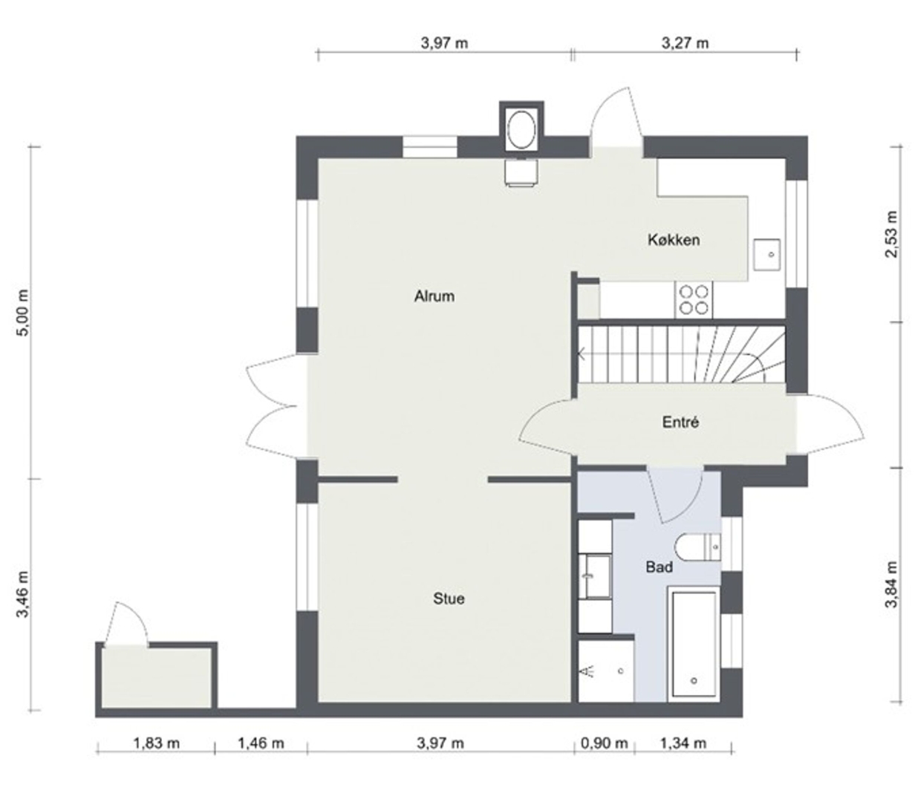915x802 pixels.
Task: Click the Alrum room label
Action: pos(434,296)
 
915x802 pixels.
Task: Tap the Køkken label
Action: pos(674,239)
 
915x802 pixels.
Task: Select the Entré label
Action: pos(680,422)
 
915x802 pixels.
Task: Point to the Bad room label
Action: pos(659,567)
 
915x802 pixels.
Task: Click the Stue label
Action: pos(449,599)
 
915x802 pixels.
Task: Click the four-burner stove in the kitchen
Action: pos(693,300)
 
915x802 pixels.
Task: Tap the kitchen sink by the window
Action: pos(766,255)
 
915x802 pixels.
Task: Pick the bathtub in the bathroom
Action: pos(694,645)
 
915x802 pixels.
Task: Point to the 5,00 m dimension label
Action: pos(22,312)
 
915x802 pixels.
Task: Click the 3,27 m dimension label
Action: pos(685,43)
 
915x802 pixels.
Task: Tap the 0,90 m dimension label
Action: pos(604,743)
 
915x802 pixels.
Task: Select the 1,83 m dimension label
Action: pos(156,743)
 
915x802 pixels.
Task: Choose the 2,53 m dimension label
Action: pos(891,234)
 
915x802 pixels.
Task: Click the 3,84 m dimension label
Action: pos(891,584)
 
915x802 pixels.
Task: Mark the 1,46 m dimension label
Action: pos(261,743)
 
